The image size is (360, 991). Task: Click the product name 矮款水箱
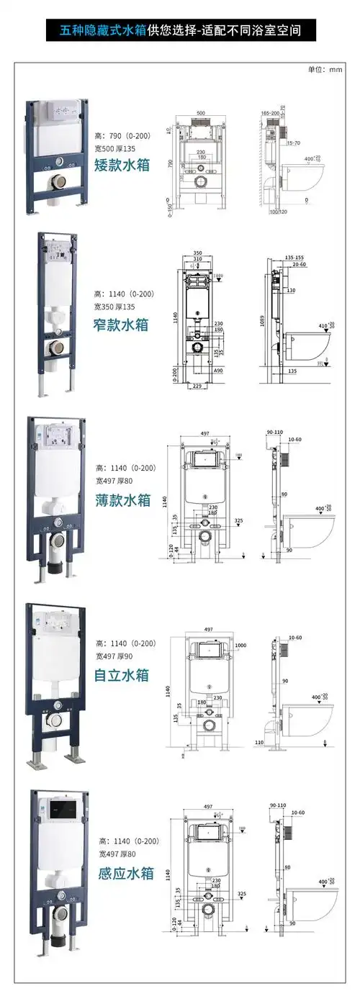122,165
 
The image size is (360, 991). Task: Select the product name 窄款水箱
122,325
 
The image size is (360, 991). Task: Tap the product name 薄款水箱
123,499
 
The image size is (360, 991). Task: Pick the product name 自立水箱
122,675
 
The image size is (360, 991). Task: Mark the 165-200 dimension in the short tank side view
271,114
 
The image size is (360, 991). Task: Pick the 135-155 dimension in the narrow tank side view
294,257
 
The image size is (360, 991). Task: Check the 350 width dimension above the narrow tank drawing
198,253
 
